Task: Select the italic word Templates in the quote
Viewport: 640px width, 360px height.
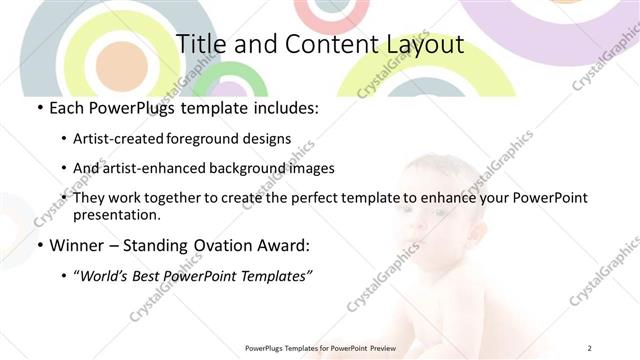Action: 274,276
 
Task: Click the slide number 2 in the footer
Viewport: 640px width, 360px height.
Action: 589,348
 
